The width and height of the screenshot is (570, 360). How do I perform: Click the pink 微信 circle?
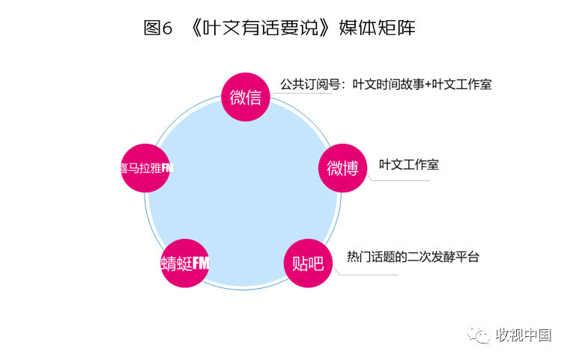point(246,97)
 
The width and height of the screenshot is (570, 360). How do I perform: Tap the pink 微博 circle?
point(343,168)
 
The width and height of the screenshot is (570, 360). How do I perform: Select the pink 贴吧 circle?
point(307,263)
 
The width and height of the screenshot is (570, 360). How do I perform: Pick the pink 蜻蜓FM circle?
point(185,263)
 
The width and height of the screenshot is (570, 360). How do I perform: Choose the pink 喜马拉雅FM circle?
point(145,168)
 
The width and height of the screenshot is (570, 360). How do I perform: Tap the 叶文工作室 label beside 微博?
point(409,165)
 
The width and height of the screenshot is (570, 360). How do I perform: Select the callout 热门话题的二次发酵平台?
point(413,257)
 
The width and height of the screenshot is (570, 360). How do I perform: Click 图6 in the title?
point(158,28)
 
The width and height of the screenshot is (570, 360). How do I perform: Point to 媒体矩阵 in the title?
point(378,28)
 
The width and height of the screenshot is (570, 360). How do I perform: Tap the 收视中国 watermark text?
point(524,335)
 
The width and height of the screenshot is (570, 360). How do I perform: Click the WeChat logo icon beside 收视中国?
point(479,335)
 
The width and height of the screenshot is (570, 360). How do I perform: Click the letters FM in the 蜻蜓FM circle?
point(201,263)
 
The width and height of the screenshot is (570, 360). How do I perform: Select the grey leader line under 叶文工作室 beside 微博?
point(401,180)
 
